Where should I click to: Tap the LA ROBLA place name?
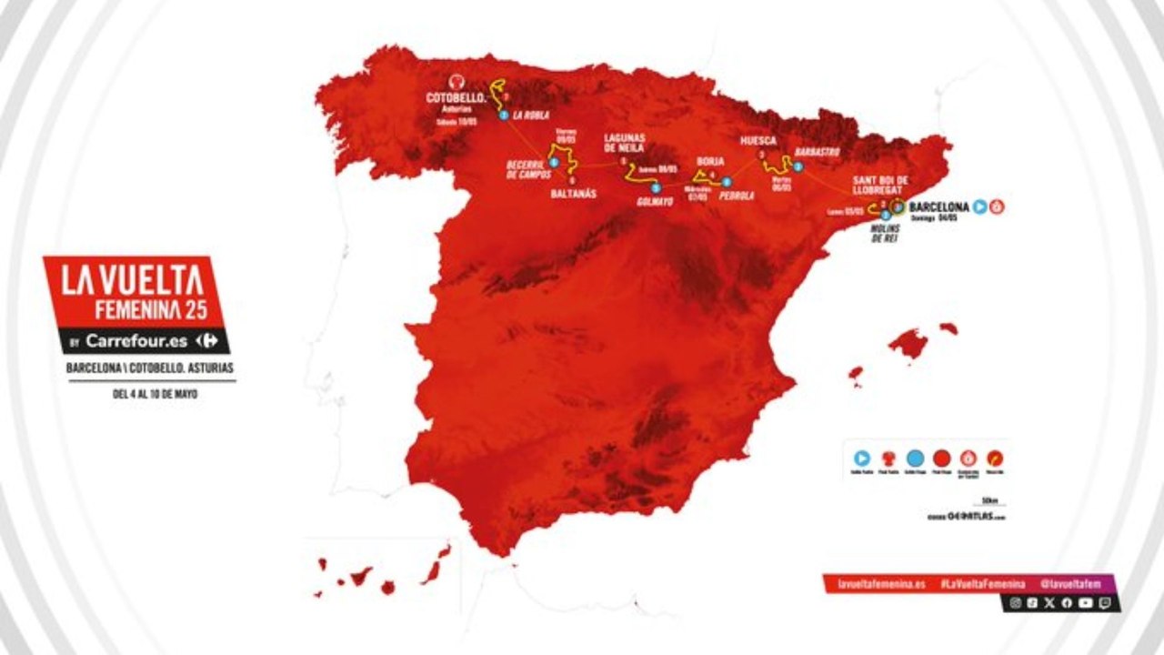coord(528,116)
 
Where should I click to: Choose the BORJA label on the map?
coord(710,159)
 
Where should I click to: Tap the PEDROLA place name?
coord(736,195)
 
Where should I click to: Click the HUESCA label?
coord(758,141)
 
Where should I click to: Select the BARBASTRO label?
coord(816,152)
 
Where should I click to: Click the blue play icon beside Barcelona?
coord(980,207)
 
